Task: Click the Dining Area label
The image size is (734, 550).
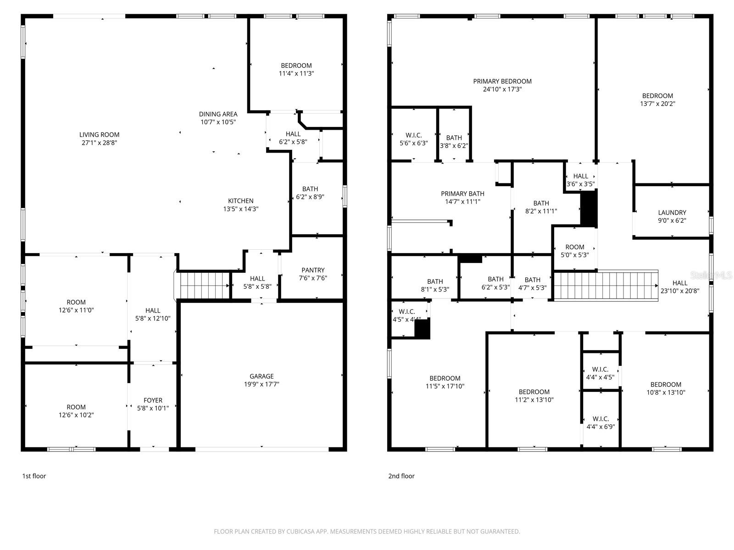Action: [218, 114]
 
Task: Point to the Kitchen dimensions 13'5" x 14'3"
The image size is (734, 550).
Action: [240, 209]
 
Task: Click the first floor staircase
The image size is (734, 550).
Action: [204, 285]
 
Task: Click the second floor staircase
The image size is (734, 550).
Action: [606, 285]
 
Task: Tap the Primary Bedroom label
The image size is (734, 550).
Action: [502, 82]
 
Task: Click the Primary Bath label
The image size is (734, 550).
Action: [462, 194]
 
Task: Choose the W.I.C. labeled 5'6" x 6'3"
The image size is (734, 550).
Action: [413, 139]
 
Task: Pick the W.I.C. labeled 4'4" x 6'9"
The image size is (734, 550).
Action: [601, 423]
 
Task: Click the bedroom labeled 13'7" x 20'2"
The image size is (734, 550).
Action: [657, 99]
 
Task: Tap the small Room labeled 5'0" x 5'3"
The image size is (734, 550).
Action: [574, 251]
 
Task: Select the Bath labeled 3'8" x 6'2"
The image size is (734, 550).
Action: [454, 142]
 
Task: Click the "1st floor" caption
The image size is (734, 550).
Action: [34, 476]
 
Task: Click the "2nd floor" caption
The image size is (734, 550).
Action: [401, 476]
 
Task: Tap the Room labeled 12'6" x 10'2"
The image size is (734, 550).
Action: [76, 411]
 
